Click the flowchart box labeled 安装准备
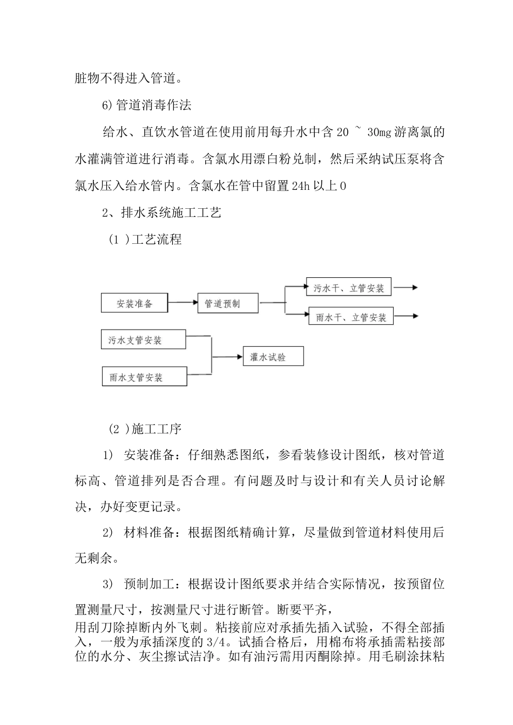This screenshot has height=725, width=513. (x=134, y=303)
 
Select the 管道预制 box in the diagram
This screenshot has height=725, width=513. (x=228, y=304)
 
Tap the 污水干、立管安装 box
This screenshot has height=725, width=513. (x=348, y=288)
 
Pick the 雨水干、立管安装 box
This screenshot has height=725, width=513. (x=350, y=317)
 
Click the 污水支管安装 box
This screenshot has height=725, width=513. (x=143, y=340)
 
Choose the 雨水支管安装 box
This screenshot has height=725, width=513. (x=144, y=377)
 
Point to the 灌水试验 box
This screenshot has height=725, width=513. (x=273, y=357)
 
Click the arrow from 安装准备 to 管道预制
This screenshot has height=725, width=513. (x=183, y=303)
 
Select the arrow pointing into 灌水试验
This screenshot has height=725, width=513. (x=227, y=357)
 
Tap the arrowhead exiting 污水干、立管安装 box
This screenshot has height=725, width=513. (x=413, y=288)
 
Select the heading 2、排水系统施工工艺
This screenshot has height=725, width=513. (x=161, y=213)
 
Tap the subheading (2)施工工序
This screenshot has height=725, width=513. (x=145, y=429)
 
